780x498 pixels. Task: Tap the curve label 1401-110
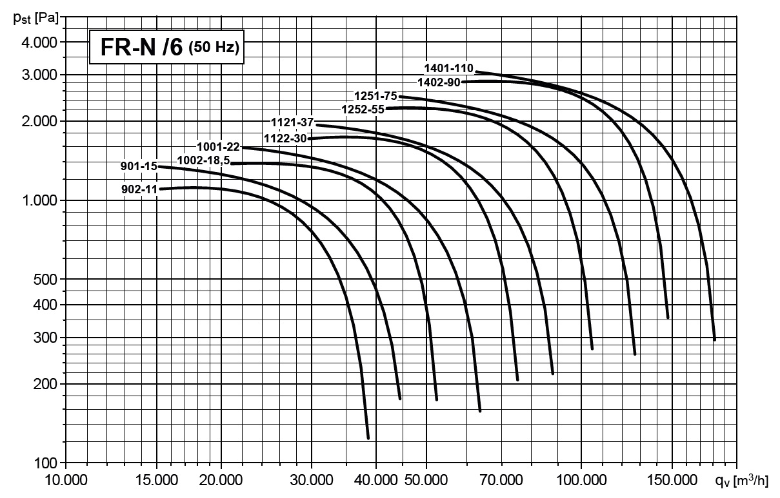pyautogui.click(x=448, y=68)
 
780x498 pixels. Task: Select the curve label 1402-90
pyautogui.click(x=439, y=82)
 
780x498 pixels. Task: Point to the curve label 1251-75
pyautogui.click(x=375, y=96)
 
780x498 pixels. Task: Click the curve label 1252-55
pyautogui.click(x=363, y=110)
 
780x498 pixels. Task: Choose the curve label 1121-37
pyautogui.click(x=292, y=122)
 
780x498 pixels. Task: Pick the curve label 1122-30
pyautogui.click(x=285, y=138)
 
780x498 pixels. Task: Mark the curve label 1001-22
pyautogui.click(x=218, y=147)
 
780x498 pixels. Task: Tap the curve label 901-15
pyautogui.click(x=139, y=166)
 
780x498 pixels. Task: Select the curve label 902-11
pyautogui.click(x=139, y=189)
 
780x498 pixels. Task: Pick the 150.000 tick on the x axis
pyautogui.click(x=672, y=481)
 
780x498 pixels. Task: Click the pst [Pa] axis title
pyautogui.click(x=33, y=17)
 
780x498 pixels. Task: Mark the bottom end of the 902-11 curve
pyautogui.click(x=368, y=437)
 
